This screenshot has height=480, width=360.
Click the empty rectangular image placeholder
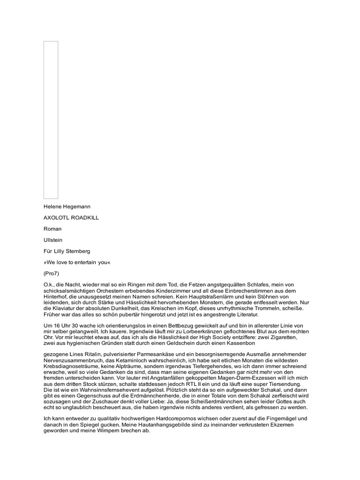[51, 120]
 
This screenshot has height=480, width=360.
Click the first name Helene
[53, 206]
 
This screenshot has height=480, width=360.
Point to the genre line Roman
[52, 229]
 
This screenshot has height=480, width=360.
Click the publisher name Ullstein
[53, 240]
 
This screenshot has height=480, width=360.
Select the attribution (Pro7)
[52, 274]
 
